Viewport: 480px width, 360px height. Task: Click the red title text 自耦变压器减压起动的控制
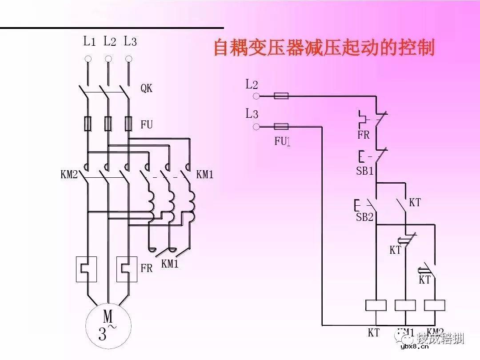pos(324,48)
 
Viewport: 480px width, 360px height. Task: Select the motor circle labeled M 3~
pos(108,326)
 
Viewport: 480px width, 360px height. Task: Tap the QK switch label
pos(146,88)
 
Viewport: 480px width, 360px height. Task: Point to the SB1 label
pos(365,171)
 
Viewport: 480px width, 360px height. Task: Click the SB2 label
pos(364,218)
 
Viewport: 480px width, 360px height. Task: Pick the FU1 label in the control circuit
pos(282,141)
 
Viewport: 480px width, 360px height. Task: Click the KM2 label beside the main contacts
pos(69,175)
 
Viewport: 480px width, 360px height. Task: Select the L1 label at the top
pos(89,42)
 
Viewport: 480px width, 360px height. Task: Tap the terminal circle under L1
pos(88,59)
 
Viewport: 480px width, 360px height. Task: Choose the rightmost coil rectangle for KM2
pos(434,305)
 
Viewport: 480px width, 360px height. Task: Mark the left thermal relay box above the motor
pos(87,269)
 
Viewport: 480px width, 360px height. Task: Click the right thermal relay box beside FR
pos(127,269)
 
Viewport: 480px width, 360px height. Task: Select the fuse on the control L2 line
pos(281,96)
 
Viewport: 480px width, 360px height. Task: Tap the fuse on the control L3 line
pos(281,127)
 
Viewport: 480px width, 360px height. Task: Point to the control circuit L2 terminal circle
pos(256,96)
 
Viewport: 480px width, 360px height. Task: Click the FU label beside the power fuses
pos(146,125)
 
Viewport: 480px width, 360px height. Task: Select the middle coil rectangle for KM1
pos(405,305)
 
